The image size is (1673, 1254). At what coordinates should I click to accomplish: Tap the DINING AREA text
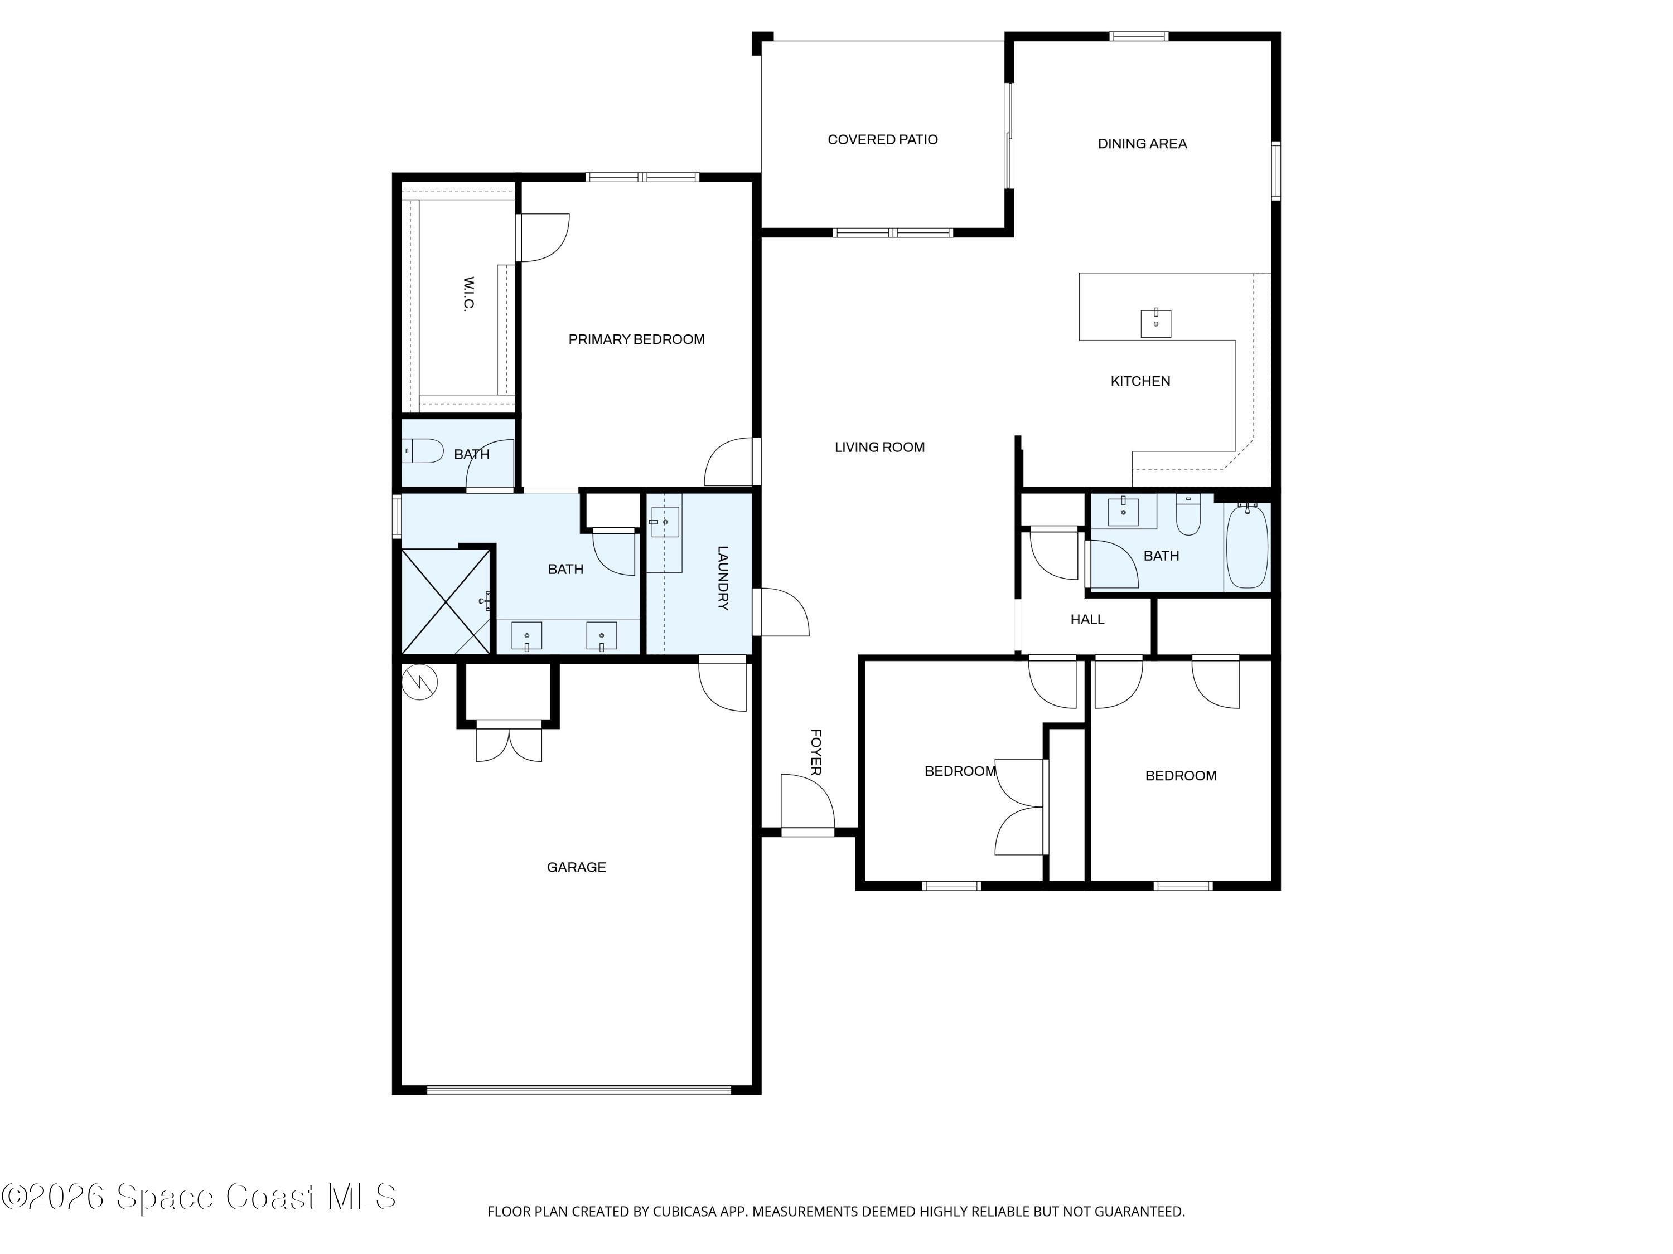1142,144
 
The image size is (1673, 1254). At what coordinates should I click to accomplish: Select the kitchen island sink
1155,323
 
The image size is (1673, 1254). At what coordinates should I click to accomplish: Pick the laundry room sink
665,522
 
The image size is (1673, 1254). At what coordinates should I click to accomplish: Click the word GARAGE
576,867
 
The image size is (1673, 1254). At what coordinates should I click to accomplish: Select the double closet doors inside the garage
509,742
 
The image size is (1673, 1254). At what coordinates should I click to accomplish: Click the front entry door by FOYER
807,805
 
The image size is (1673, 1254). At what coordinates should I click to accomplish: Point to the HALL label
1087,620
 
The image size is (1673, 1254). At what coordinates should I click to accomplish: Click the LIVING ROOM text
879,448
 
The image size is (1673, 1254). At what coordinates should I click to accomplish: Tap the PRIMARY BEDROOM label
636,340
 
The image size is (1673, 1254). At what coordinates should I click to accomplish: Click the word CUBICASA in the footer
684,1212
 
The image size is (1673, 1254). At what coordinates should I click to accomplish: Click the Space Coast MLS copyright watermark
198,1197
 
